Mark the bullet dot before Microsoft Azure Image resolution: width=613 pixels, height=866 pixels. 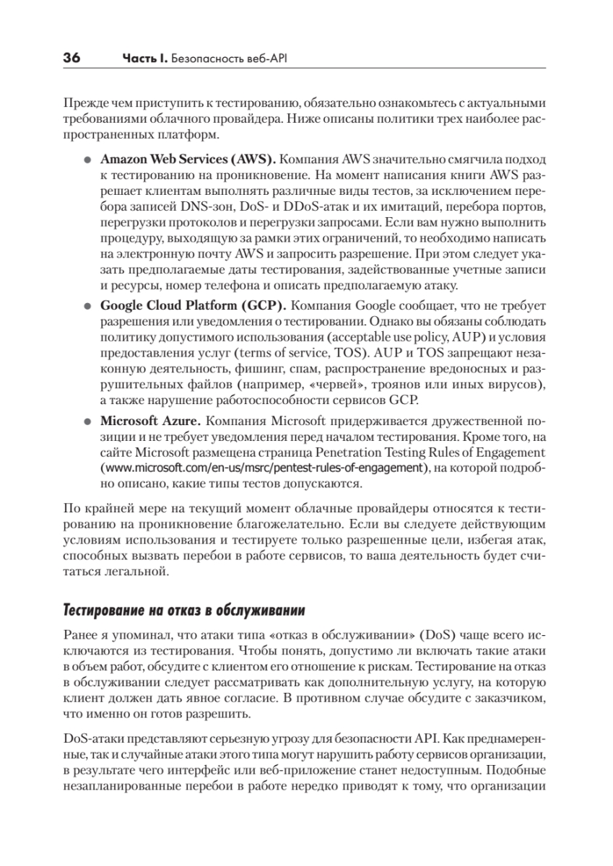[x=87, y=421]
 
